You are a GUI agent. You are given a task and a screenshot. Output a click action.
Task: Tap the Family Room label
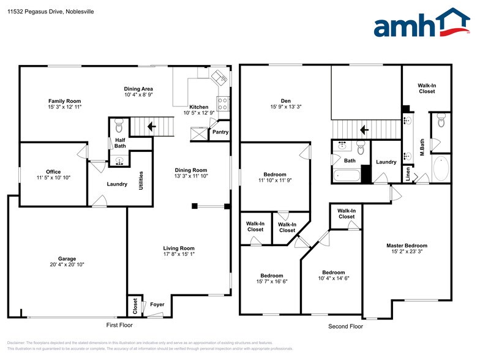point(64,101)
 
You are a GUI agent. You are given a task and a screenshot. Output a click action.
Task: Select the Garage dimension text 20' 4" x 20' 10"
point(67,264)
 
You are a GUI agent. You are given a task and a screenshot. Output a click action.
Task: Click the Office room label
point(53,172)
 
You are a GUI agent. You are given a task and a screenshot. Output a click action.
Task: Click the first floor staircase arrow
point(151,127)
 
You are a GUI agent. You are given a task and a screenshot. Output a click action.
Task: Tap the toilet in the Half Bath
point(119,127)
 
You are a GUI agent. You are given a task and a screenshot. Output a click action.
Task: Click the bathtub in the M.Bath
point(440,168)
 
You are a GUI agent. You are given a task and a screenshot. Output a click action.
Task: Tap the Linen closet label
point(408,174)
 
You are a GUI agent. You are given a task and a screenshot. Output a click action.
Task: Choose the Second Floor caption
point(346,326)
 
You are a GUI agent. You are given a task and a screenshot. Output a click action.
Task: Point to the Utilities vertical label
point(141,180)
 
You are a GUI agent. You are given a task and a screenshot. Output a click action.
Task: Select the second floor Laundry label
point(386,162)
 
